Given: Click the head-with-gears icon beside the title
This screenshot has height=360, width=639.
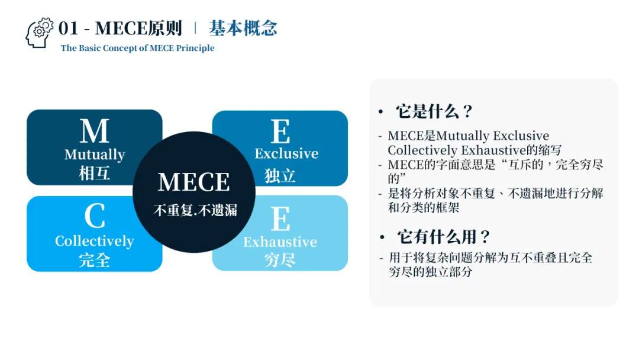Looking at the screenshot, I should pyautogui.click(x=39, y=33).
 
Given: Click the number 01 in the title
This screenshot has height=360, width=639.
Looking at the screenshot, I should pyautogui.click(x=69, y=28).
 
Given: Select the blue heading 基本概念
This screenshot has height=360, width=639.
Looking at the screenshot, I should pyautogui.click(x=243, y=28).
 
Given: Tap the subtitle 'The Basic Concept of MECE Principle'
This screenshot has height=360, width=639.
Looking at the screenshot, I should pyautogui.click(x=137, y=48).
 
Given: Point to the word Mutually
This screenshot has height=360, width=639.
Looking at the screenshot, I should pyautogui.click(x=95, y=155).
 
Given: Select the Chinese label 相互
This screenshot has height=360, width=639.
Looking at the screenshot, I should pyautogui.click(x=95, y=173).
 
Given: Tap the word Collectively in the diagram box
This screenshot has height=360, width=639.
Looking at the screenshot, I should pyautogui.click(x=95, y=241).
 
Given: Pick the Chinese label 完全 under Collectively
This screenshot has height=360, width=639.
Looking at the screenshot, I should pyautogui.click(x=95, y=260).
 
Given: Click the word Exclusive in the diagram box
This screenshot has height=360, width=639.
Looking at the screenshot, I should pyautogui.click(x=286, y=154).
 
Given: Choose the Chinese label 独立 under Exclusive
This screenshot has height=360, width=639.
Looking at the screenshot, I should pyautogui.click(x=280, y=175).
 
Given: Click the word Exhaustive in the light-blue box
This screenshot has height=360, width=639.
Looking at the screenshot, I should pyautogui.click(x=280, y=242).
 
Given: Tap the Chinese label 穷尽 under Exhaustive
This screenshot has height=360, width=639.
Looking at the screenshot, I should pyautogui.click(x=280, y=260).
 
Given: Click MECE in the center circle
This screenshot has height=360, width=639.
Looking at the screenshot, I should pyautogui.click(x=194, y=182).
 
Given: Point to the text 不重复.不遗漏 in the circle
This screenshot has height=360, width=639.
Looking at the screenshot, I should pyautogui.click(x=195, y=210).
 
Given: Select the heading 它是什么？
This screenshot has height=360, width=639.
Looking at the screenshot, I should pyautogui.click(x=434, y=111).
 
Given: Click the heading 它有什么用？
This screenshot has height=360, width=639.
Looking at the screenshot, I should pyautogui.click(x=443, y=237).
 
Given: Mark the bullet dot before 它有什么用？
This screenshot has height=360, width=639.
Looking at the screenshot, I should pyautogui.click(x=382, y=237).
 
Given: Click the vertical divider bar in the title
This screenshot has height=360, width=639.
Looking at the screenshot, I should pyautogui.click(x=195, y=28).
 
